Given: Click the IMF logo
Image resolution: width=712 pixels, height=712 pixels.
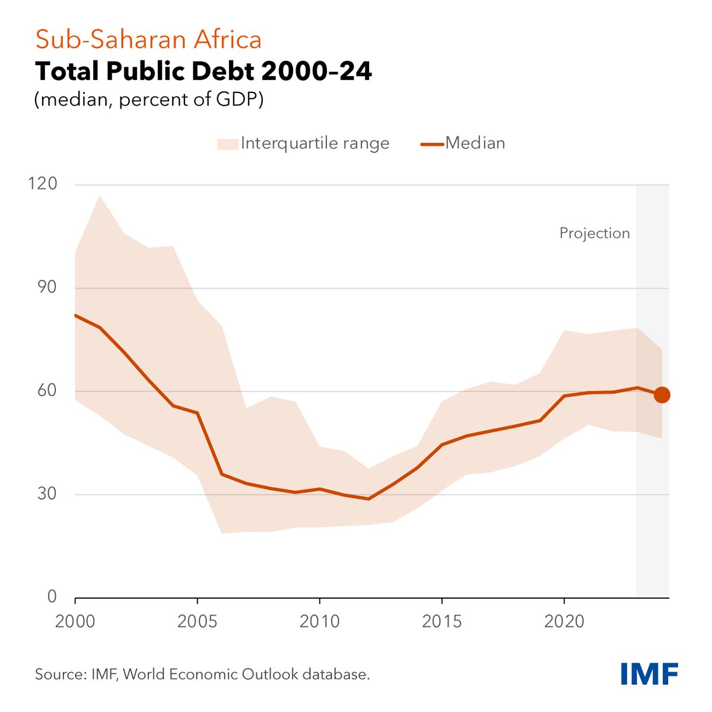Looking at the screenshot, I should [649, 674].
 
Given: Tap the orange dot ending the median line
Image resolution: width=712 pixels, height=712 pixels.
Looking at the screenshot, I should [662, 395].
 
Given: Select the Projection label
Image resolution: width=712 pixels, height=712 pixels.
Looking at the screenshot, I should [594, 233].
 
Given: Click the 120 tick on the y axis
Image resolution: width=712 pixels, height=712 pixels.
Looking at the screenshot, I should [43, 184].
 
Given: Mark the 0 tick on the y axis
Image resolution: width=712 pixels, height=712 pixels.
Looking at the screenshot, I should [52, 596].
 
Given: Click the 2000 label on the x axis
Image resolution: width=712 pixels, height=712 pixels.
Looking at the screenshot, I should [75, 621].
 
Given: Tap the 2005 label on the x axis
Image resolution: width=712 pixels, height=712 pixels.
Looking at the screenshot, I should [198, 621].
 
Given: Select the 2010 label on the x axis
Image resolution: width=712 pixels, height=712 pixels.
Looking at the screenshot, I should [320, 621].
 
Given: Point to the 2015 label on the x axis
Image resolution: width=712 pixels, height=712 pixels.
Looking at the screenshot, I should [442, 621].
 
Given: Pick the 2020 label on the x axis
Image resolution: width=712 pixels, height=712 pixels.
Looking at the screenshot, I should [564, 621].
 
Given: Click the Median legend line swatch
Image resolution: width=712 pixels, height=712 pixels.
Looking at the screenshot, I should [431, 144].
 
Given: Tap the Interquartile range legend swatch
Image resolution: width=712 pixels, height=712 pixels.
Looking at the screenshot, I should [227, 144].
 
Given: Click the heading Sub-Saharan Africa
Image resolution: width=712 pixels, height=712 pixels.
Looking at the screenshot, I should [148, 40].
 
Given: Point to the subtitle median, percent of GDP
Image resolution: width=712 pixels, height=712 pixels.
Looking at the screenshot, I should [149, 99].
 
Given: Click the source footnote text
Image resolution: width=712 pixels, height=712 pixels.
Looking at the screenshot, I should [202, 674].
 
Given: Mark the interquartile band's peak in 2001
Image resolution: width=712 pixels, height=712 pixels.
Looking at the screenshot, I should [100, 196].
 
